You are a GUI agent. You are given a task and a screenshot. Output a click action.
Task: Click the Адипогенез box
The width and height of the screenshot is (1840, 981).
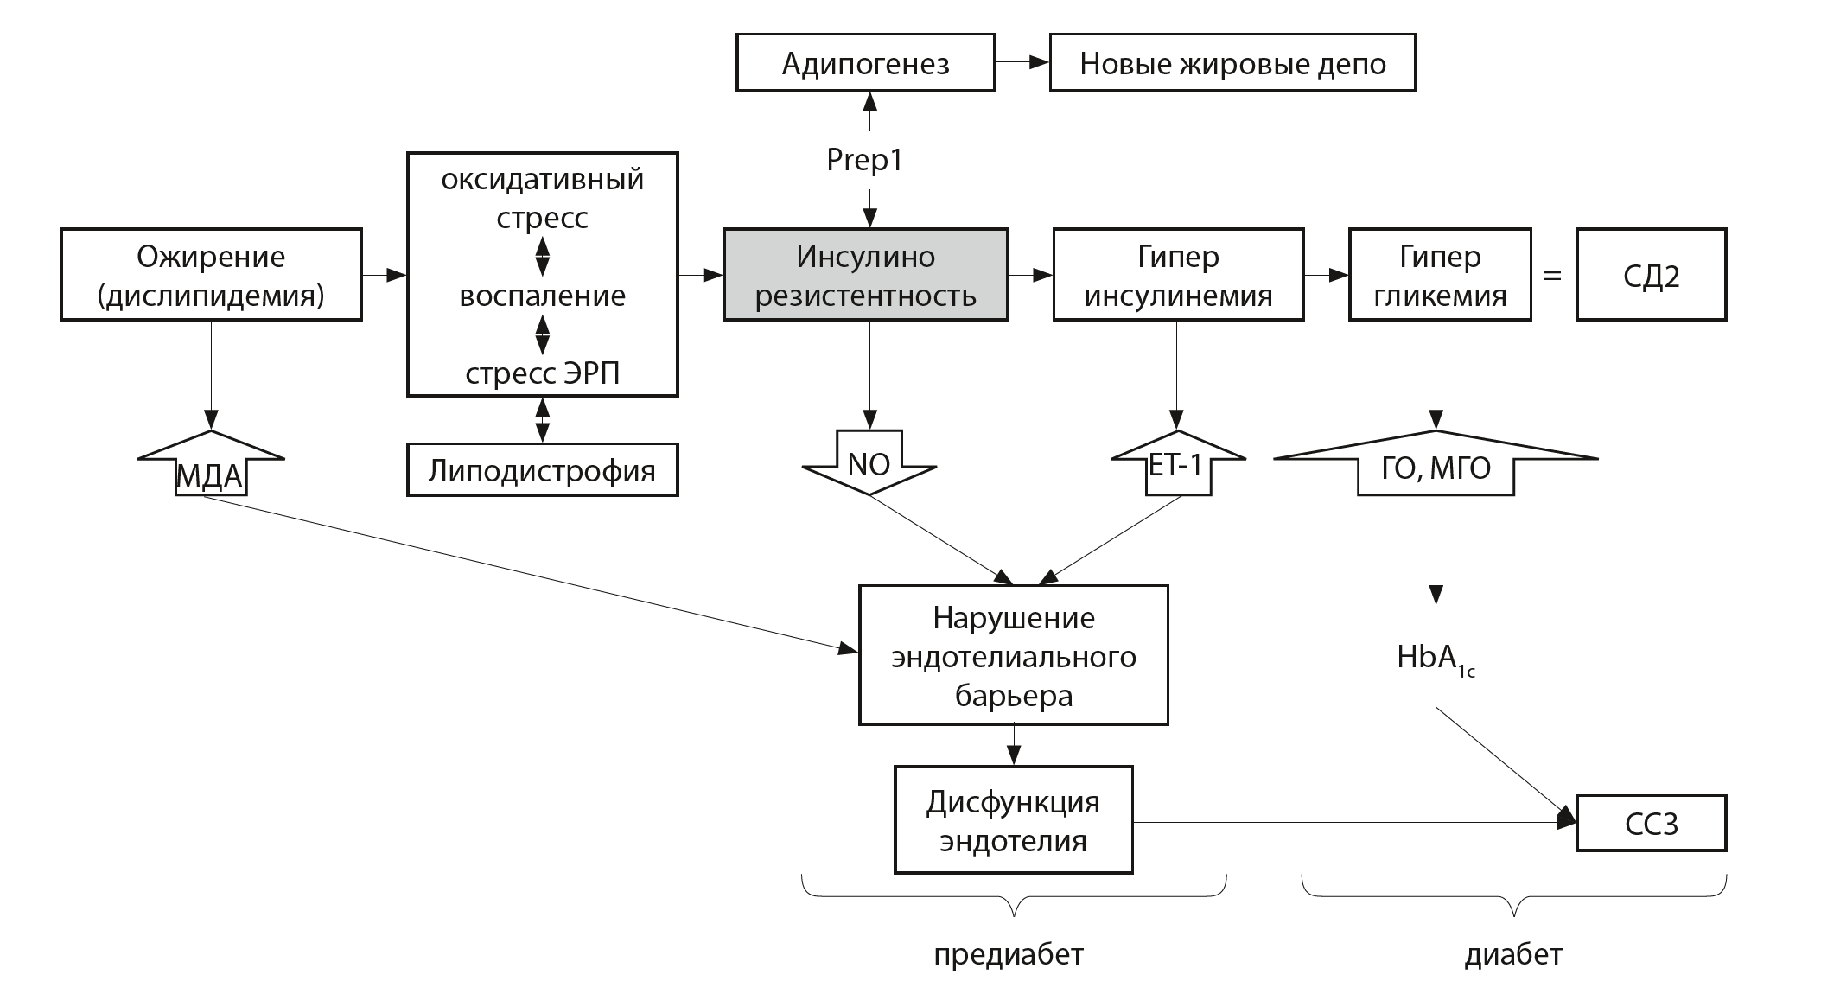pos(865,62)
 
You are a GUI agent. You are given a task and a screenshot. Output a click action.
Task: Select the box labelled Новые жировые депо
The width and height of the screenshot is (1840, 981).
pos(1232,62)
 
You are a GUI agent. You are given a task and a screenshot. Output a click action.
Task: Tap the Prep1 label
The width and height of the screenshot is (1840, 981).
pos(865,160)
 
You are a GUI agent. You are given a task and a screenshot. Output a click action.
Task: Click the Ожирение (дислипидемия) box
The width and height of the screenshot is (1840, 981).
pos(211,275)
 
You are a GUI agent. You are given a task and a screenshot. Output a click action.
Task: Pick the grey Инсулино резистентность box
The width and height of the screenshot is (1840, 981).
pos(865,275)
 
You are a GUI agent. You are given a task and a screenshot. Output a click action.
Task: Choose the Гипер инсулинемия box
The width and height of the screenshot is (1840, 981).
pos(1178,275)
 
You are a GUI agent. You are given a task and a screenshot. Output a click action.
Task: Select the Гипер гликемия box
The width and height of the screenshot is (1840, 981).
pos(1440,275)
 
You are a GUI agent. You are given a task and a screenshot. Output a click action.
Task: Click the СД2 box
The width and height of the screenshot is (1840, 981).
pos(1651,275)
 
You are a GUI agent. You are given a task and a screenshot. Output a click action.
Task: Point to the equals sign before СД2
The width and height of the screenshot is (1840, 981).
pos(1553,277)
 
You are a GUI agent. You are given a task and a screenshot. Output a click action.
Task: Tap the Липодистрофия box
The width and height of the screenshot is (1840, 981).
pos(542,470)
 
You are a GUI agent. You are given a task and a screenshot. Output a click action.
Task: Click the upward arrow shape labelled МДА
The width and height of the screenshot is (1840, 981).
pos(211,467)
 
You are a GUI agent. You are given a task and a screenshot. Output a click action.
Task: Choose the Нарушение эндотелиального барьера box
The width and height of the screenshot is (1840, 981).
pos(1013,655)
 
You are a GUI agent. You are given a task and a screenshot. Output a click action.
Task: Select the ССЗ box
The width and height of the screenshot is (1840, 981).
pos(1651,824)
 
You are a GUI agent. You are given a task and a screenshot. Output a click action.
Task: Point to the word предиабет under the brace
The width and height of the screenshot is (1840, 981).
pos(1008,954)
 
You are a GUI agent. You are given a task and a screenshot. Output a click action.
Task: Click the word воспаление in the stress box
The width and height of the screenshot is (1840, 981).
pos(542,296)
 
